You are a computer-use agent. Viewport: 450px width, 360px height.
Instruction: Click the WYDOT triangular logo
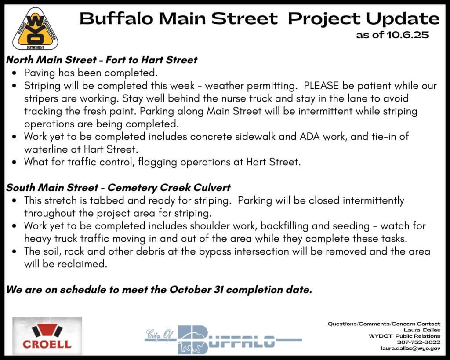(x=35, y=29)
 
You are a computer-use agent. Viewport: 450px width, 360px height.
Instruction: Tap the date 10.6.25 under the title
(x=408, y=35)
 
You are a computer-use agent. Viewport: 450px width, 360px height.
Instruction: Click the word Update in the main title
(x=403, y=19)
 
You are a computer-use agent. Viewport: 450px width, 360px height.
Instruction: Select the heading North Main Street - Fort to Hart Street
(x=102, y=60)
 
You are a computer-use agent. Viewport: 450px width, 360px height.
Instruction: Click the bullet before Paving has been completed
(x=15, y=73)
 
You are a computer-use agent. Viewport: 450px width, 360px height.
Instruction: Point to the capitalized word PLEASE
(x=321, y=86)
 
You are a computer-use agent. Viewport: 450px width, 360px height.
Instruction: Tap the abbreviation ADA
(x=310, y=136)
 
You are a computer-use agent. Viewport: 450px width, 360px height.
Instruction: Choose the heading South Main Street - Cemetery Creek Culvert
(x=118, y=187)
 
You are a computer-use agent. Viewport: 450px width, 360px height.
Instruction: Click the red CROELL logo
(x=47, y=336)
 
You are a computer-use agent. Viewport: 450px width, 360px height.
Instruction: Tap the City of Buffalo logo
(x=223, y=339)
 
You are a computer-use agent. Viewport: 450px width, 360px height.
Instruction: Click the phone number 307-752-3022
(x=418, y=342)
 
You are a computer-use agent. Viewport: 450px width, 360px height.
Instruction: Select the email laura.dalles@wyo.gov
(x=411, y=348)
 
